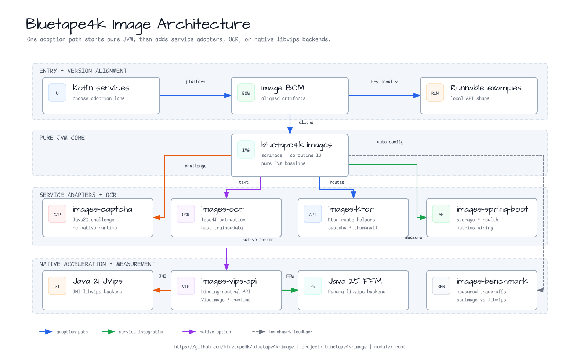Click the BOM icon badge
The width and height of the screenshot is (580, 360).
pos(246,93)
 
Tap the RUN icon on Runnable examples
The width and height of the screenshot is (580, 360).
pos(435,93)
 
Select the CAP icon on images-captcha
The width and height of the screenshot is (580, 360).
pos(57,214)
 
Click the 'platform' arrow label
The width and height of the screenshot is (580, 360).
pos(196,82)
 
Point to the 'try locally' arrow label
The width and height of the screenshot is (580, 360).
pos(384,82)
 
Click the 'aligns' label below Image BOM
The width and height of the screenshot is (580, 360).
pos(306,122)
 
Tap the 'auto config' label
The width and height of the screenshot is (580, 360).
pos(390,142)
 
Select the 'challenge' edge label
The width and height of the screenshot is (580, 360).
pos(196,166)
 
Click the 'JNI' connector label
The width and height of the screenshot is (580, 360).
pos(162,276)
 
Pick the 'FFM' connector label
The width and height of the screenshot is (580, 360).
pos(290,276)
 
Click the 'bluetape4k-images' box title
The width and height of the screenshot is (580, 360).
pos(297,145)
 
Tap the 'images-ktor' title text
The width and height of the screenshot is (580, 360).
pos(351,209)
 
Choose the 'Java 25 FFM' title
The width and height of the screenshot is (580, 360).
pos(355,281)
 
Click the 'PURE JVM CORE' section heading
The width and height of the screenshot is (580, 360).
pos(62,138)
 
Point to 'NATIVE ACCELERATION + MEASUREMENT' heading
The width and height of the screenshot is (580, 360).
pos(97,264)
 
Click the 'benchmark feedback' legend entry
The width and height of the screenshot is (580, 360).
pos(282,332)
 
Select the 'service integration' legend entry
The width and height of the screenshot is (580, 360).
pos(133,332)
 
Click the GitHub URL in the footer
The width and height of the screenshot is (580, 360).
pos(234,347)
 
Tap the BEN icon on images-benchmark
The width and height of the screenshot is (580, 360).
pos(441,286)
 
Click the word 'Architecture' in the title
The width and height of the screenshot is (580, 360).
pos(203,24)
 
